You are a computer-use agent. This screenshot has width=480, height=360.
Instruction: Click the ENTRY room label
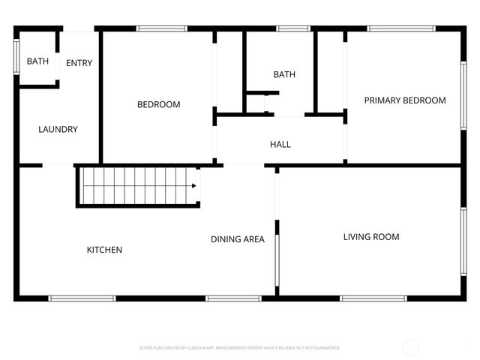click(79, 63)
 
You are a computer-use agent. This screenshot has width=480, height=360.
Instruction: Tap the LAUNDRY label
click(58, 129)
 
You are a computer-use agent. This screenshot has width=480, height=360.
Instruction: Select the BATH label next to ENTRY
click(37, 61)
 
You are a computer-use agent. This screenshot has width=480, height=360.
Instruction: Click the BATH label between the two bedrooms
click(284, 74)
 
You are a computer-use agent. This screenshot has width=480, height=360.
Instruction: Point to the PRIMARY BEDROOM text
click(405, 100)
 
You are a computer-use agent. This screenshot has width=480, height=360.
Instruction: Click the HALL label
click(280, 144)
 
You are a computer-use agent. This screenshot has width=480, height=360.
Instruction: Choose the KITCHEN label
click(104, 250)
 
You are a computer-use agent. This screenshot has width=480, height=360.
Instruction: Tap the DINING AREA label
click(237, 239)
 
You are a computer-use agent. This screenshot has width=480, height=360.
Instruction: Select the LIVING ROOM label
click(371, 237)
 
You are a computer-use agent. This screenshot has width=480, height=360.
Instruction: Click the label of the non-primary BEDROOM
click(158, 104)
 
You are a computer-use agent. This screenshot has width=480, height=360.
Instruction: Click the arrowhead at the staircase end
click(196, 186)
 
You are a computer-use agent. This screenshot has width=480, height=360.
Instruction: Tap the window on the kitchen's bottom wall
click(82, 298)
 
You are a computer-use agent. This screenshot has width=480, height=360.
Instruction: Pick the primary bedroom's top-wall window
click(401, 28)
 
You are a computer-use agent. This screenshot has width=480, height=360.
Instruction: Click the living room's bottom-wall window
click(375, 298)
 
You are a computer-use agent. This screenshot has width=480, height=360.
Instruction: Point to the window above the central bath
click(294, 28)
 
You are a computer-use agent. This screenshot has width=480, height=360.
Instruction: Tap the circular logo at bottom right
click(410, 347)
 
